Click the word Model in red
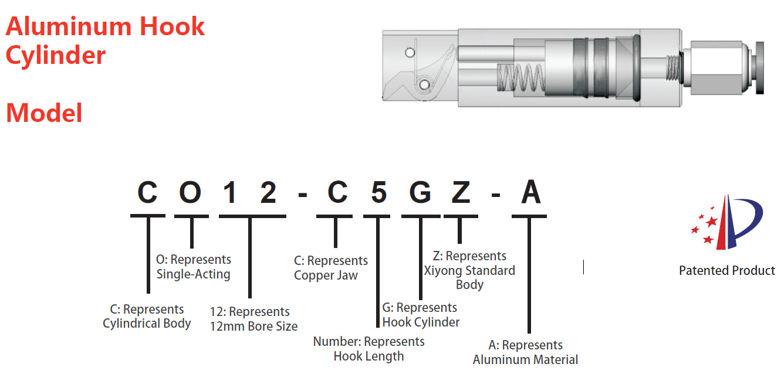click(44, 113)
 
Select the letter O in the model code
click(190, 192)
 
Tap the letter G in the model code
click(420, 192)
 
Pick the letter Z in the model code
click(461, 192)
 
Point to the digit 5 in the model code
click(378, 192)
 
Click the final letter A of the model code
click(530, 192)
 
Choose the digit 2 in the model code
click(268, 192)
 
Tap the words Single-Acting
click(193, 274)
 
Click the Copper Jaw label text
click(326, 276)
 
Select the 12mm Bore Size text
click(253, 327)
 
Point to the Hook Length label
click(368, 356)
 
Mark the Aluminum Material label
click(525, 360)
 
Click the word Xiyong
click(444, 271)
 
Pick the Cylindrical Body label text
click(147, 324)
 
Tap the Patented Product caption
click(726, 271)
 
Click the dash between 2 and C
click(303, 195)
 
